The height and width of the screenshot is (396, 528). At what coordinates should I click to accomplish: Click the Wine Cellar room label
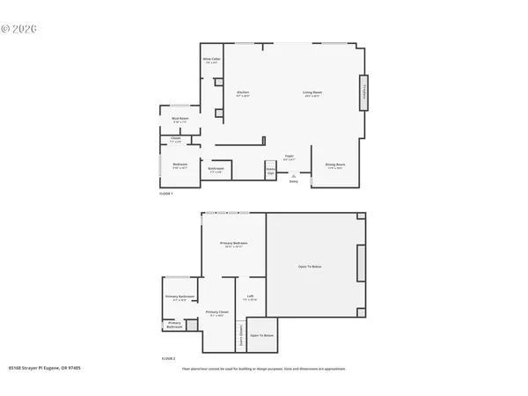point(212,60)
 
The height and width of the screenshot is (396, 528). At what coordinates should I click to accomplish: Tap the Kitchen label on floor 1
point(244,93)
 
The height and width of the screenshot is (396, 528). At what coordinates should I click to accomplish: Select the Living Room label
point(312,93)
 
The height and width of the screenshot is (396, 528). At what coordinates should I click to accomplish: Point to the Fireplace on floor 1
point(361,92)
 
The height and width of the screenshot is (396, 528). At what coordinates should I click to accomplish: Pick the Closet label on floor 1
point(175,139)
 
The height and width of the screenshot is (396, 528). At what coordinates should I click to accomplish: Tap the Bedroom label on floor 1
point(179,165)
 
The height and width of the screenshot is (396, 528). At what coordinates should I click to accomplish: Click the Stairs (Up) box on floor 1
point(270,170)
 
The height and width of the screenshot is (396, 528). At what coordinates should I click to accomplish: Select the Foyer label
point(290,157)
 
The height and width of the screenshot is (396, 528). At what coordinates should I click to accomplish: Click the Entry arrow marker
point(294,176)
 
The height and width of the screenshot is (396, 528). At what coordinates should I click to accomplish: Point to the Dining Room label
point(334,165)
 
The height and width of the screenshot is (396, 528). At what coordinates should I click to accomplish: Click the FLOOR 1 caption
point(165,192)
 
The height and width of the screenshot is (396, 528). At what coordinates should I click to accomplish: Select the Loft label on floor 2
point(250,297)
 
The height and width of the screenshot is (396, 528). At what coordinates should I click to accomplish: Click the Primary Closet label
point(217,313)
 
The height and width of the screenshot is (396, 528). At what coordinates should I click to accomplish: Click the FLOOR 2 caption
point(168,359)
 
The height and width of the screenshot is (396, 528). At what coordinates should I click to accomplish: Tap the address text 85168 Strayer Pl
point(44,369)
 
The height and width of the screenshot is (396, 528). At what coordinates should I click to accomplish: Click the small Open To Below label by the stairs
point(261,335)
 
